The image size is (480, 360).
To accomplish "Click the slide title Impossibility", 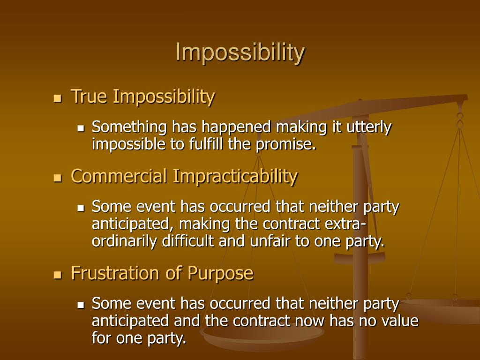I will point(240,52).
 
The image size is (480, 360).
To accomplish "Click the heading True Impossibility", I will point(143,97).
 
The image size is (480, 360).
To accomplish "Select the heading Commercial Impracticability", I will point(184,176).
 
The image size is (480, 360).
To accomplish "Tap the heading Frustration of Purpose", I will point(162,272).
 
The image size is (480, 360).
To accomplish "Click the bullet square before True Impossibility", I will point(58,98).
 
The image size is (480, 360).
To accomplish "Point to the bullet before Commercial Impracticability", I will point(58,178).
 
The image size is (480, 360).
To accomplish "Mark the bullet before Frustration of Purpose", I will point(58,274).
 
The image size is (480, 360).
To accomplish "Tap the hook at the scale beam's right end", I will point(460,117).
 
